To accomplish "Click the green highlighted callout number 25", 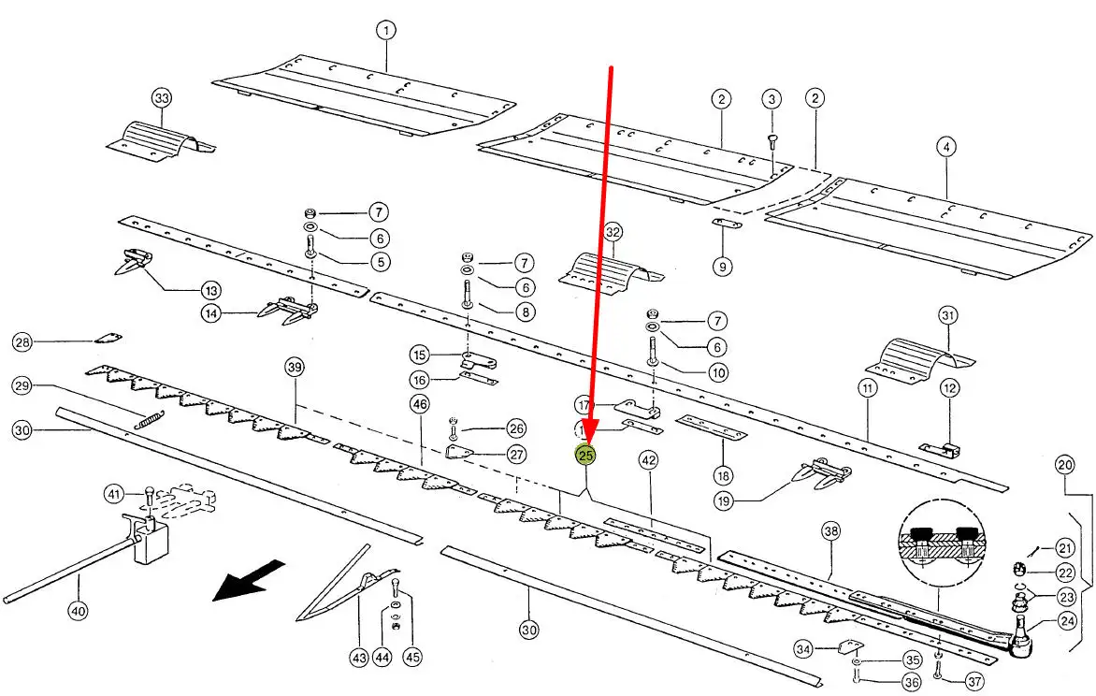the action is pos(586,456).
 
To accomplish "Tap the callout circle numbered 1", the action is pos(385,30).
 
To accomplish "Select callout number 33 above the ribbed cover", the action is pos(162,98).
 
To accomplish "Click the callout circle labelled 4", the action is pos(946,147).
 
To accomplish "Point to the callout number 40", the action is pos(78,611).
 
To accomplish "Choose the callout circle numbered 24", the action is pos(1067,618).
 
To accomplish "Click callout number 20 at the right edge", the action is pos(1064,464).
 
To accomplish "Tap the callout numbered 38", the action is pos(831,532).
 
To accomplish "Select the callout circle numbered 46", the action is pos(419,403).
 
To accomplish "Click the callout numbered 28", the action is pos(22,343).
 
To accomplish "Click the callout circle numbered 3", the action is pos(771,98).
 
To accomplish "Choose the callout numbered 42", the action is pos(648,459).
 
